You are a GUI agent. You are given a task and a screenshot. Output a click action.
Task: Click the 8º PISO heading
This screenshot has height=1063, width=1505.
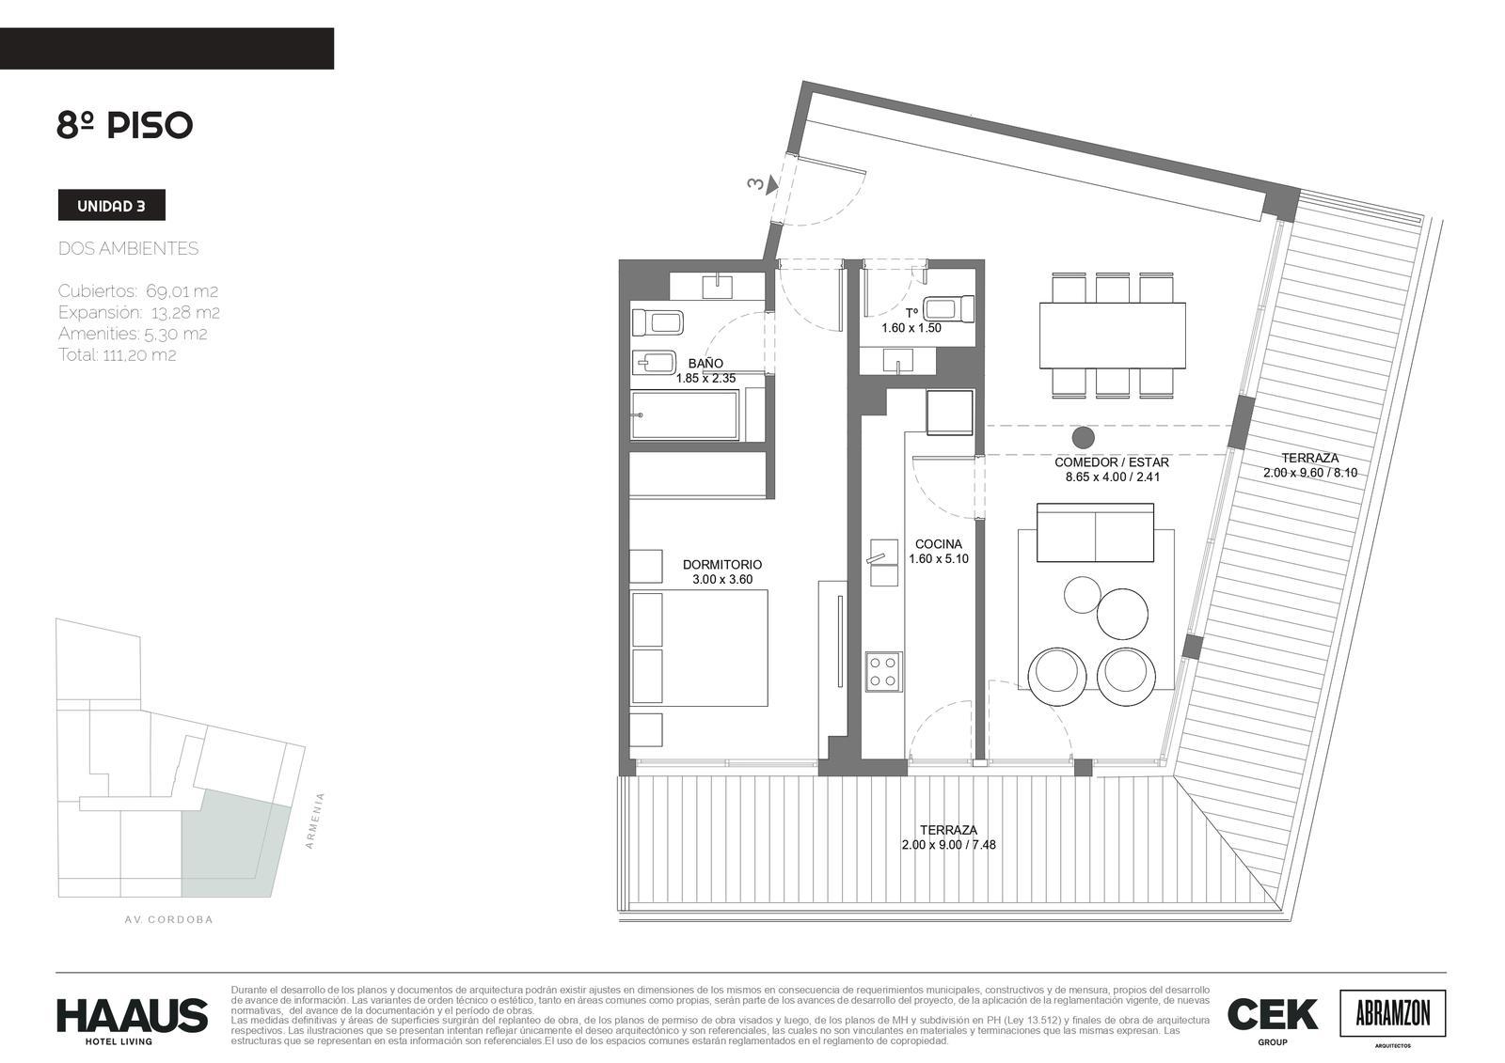click(x=125, y=125)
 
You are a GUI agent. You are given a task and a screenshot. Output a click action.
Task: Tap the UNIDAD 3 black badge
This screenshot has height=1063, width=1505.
click(x=112, y=206)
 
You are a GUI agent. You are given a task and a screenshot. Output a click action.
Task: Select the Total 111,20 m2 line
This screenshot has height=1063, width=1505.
click(x=117, y=354)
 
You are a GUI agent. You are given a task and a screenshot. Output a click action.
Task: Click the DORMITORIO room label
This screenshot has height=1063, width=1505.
click(x=722, y=565)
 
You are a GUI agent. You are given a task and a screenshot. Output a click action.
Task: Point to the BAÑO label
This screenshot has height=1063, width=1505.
click(x=705, y=364)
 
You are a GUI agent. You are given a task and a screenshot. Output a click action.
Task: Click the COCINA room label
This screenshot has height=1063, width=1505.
click(x=939, y=544)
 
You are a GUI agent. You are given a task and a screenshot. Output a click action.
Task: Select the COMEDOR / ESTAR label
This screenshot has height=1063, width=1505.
click(x=1112, y=462)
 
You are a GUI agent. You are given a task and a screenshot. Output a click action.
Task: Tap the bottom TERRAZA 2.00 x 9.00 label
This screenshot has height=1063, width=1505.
click(x=949, y=837)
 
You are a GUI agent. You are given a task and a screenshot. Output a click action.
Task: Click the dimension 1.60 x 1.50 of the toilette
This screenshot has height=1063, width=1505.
click(x=911, y=328)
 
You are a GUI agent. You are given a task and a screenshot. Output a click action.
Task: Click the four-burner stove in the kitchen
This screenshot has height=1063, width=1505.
click(x=883, y=671)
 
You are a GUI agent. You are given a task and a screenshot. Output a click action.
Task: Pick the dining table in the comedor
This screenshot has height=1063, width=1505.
click(x=1112, y=336)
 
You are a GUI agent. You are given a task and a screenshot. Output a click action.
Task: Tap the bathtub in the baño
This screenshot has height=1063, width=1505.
click(x=685, y=415)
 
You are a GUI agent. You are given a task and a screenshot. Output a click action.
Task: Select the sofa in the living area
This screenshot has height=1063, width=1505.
click(x=1095, y=533)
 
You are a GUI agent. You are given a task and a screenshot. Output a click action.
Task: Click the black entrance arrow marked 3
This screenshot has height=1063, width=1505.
click(x=773, y=183)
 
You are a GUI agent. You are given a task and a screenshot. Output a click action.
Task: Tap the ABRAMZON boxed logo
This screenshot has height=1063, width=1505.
click(x=1393, y=1013)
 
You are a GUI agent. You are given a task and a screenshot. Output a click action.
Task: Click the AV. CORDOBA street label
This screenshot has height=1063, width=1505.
click(x=168, y=919)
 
